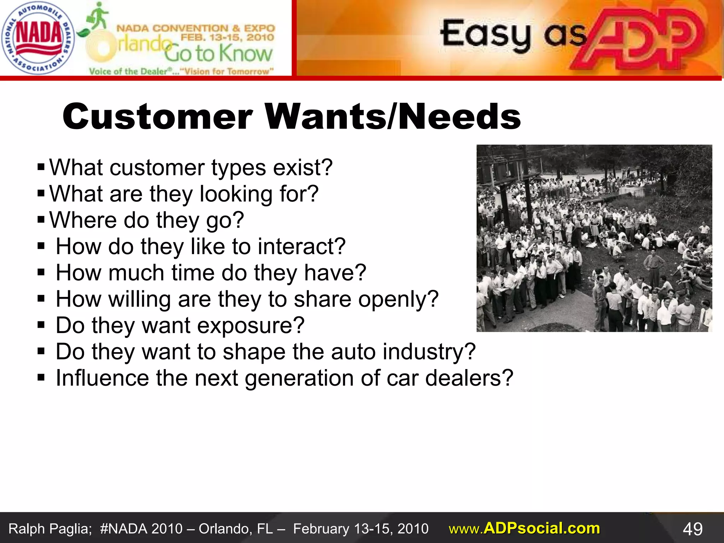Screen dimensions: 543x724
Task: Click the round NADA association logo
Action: [37, 38]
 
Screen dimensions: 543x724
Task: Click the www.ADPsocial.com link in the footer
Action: [524, 529]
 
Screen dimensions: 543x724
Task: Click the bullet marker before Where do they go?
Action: [41, 220]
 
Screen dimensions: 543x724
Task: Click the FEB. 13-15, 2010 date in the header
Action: [227, 37]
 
